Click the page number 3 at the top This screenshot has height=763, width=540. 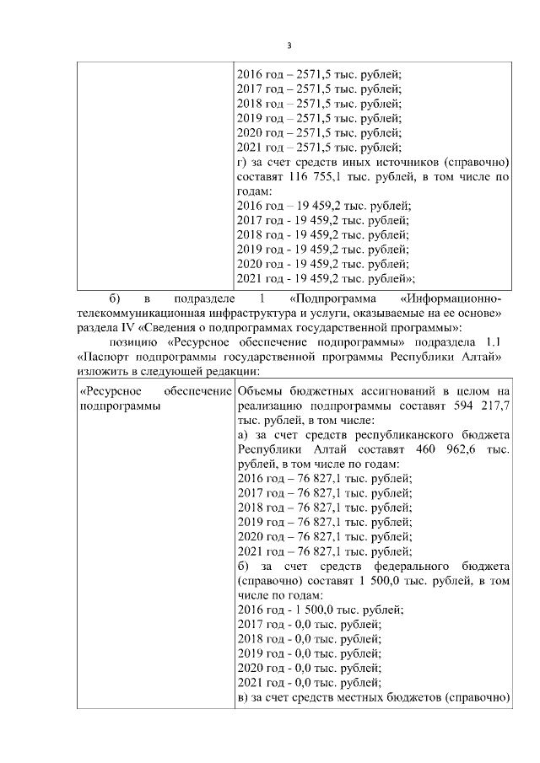tap(289, 45)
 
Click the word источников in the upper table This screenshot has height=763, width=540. tap(410, 163)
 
